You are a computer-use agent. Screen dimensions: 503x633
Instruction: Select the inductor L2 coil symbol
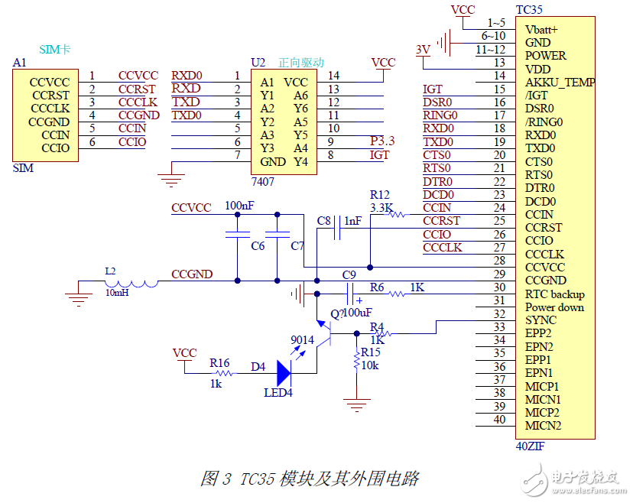(x=131, y=283)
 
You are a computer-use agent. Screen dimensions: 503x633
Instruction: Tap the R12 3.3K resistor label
(x=381, y=201)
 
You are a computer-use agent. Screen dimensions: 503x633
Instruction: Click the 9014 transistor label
(x=302, y=340)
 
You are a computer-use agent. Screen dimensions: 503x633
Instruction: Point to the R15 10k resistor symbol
(x=356, y=360)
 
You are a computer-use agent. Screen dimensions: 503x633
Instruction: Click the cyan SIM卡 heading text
(x=55, y=49)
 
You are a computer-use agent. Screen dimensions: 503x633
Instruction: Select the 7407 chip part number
(x=263, y=182)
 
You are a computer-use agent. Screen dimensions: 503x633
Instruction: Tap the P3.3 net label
(x=382, y=141)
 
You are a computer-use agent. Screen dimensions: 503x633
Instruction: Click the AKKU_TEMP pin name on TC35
(x=560, y=82)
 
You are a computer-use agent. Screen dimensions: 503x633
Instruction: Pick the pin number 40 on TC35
(x=499, y=419)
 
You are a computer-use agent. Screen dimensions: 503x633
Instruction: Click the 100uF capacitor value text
(x=356, y=313)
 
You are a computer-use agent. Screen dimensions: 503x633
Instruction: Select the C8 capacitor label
(x=324, y=221)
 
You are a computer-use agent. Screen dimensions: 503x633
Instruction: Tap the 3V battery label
(x=422, y=50)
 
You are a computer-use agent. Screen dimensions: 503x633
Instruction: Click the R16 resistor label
(x=219, y=363)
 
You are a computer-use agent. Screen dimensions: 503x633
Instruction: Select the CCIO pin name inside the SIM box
(x=55, y=148)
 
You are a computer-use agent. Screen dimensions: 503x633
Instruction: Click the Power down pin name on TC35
(x=555, y=307)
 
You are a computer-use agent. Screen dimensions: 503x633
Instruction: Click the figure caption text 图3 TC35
(x=310, y=479)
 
